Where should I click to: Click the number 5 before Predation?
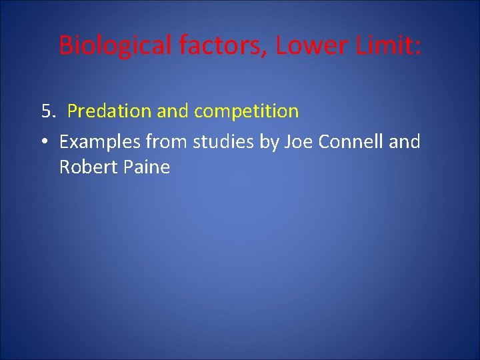coord(46,111)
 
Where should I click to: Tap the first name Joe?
coord(298,142)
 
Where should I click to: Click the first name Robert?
coord(88,167)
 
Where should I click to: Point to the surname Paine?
coord(146,167)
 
